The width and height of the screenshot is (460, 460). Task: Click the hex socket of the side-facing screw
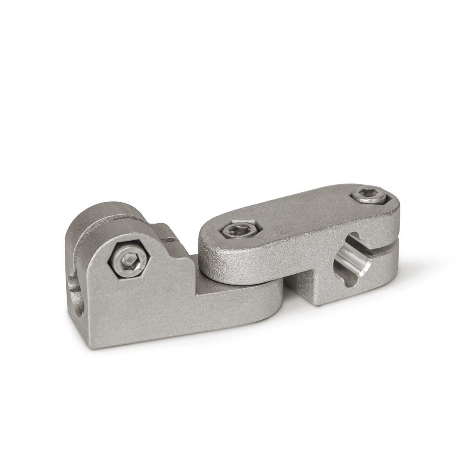pyautogui.click(x=128, y=258)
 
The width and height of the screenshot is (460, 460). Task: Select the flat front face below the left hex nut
pyautogui.click(x=132, y=312)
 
